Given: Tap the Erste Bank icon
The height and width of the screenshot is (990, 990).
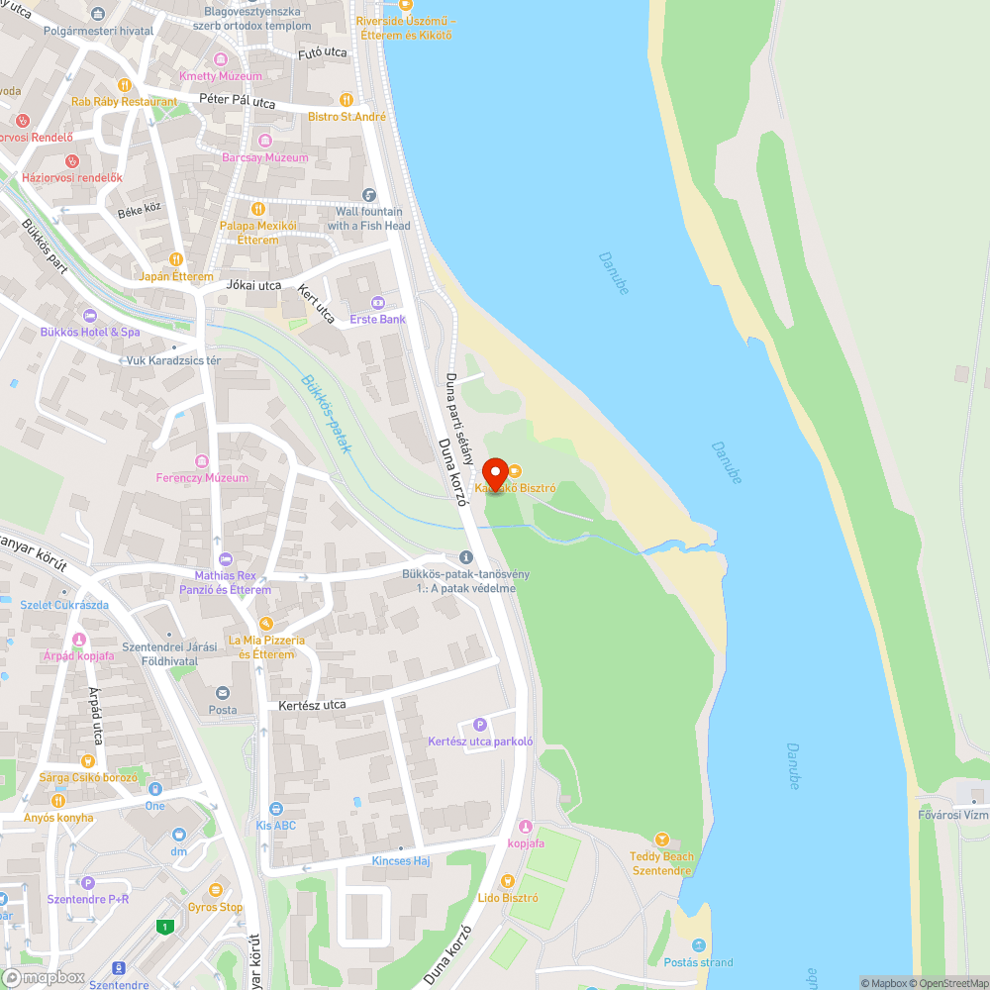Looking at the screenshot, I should [x=377, y=302].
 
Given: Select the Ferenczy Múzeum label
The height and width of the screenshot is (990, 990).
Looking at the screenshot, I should [x=202, y=478].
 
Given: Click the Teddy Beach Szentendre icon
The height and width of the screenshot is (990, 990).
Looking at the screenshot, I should [x=662, y=839].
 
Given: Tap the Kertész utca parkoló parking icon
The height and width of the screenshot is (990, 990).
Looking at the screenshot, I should [x=480, y=724].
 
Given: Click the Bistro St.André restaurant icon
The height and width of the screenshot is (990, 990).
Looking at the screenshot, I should [x=346, y=99].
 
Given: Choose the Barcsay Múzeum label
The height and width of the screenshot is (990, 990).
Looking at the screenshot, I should [x=265, y=157].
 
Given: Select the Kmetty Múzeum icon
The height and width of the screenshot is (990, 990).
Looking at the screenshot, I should [x=221, y=59].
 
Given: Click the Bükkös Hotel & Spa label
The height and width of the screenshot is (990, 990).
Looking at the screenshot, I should [x=90, y=333].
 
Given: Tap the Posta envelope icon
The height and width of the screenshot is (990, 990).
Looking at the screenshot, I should [x=222, y=693].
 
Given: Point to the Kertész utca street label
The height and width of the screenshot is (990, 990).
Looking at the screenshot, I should [x=312, y=705].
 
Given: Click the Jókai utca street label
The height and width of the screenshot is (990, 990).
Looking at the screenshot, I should [x=254, y=285].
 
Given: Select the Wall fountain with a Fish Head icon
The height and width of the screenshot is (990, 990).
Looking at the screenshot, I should [x=369, y=195].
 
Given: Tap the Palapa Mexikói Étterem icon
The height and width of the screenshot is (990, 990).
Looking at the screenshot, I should [x=257, y=209].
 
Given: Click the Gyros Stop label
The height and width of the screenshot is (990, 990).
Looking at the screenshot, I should [x=215, y=906].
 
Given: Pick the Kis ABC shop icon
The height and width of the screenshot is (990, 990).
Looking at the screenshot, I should [x=275, y=809].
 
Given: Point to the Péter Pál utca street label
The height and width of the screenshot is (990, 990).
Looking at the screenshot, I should [x=238, y=101].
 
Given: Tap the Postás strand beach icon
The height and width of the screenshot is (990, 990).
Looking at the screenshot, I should [x=699, y=944].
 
